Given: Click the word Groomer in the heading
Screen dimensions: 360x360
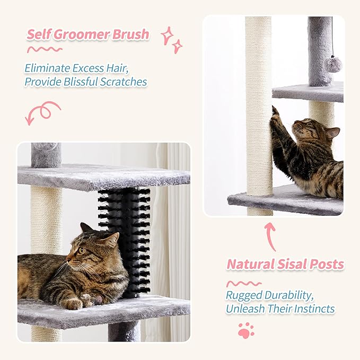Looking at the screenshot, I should point(81,35).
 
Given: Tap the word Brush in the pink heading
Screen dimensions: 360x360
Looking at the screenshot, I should point(130,35).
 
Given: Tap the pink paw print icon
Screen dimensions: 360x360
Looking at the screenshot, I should point(245,330).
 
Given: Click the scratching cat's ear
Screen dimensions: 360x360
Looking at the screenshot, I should point(332,133).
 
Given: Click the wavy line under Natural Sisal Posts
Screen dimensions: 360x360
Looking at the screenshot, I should point(244,283).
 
